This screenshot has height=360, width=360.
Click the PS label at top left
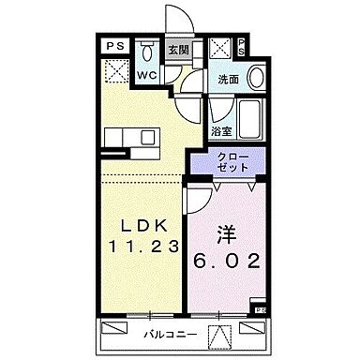112,44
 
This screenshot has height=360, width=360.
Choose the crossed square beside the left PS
116,70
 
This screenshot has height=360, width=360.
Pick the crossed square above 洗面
220,50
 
